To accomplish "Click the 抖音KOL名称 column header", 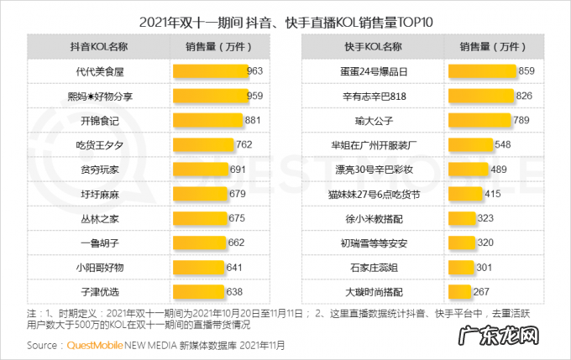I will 99,47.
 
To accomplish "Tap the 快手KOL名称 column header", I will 373,47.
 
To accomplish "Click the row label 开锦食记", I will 99,121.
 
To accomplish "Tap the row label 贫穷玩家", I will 99,170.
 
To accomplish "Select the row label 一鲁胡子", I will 99,243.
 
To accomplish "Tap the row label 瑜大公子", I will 373,121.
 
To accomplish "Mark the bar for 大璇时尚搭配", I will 459,292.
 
